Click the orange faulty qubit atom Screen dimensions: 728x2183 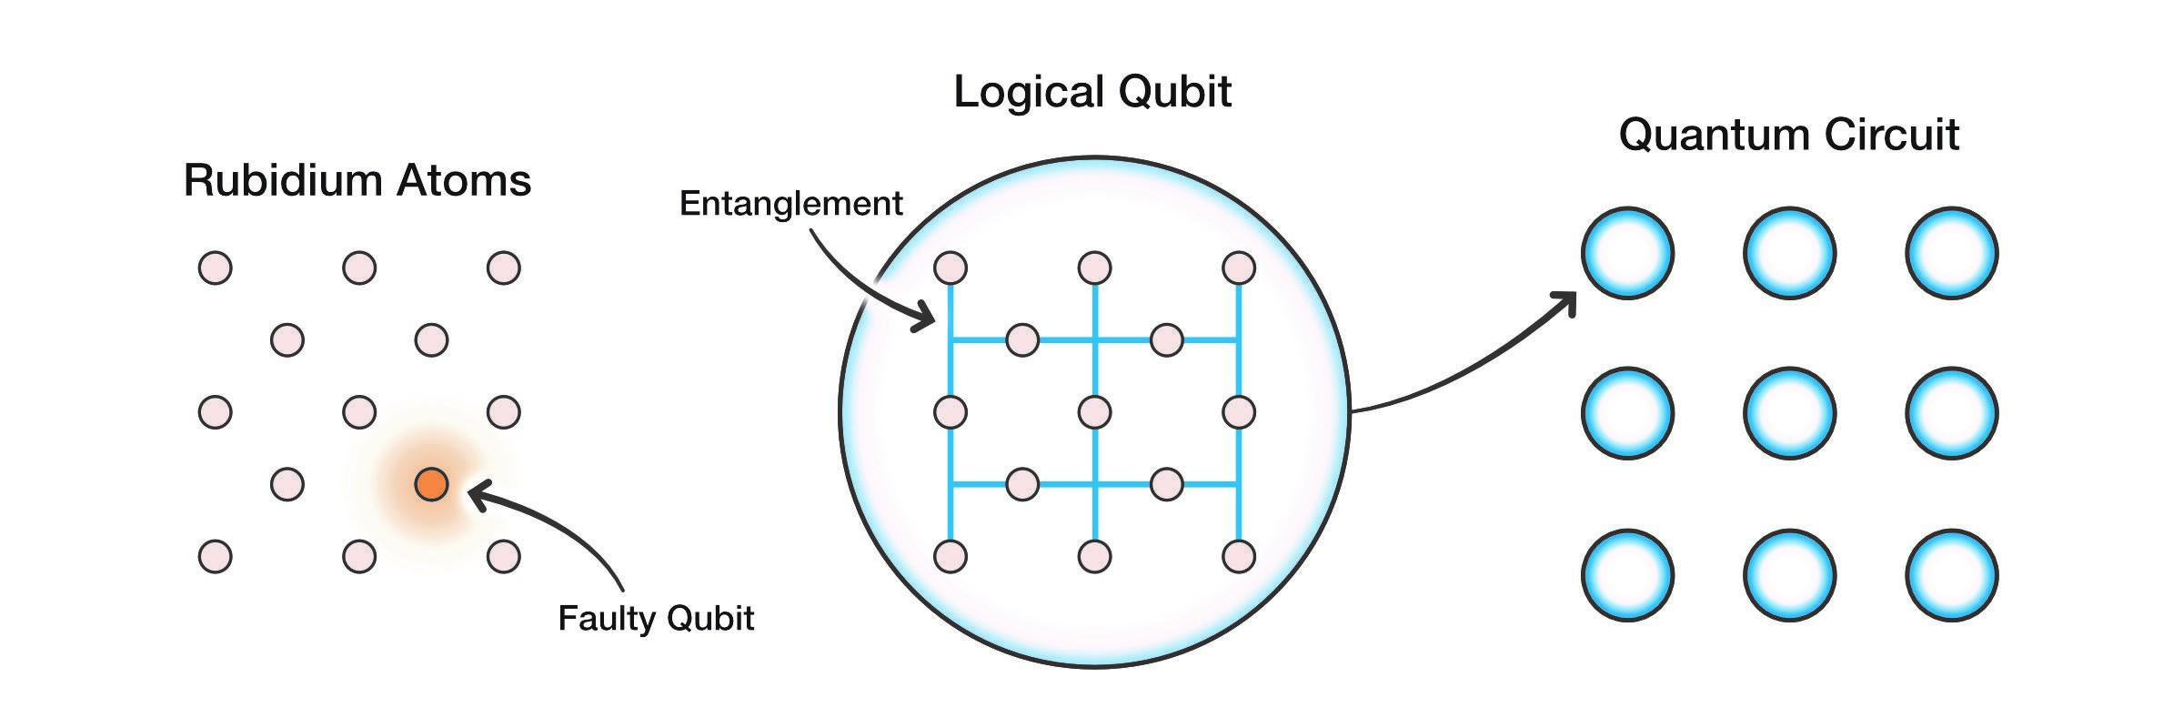pyautogui.click(x=431, y=484)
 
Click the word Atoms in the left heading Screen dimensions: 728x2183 pyautogui.click(x=464, y=180)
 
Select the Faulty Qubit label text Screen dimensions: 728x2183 pyautogui.click(x=656, y=619)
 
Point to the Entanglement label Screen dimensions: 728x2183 pyautogui.click(x=790, y=203)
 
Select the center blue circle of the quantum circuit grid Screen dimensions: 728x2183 pyautogui.click(x=1789, y=413)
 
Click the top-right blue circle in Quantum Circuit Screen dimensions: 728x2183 pyautogui.click(x=1951, y=253)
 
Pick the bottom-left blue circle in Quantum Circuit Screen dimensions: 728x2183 pyautogui.click(x=1627, y=575)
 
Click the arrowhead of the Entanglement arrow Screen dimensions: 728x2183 pyautogui.click(x=927, y=318)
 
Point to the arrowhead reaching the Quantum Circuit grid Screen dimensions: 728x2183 pyautogui.click(x=1566, y=302)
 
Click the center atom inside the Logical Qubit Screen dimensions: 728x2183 pyautogui.click(x=1094, y=412)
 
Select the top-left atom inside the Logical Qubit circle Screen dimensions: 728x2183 pyautogui.click(x=951, y=268)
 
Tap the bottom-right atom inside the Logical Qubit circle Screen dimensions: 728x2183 pyautogui.click(x=1239, y=556)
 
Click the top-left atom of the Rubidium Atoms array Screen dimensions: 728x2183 pyautogui.click(x=216, y=268)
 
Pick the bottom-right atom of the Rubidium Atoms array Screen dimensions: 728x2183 pyautogui.click(x=503, y=556)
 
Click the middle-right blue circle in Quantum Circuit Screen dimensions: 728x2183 pyautogui.click(x=1951, y=413)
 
